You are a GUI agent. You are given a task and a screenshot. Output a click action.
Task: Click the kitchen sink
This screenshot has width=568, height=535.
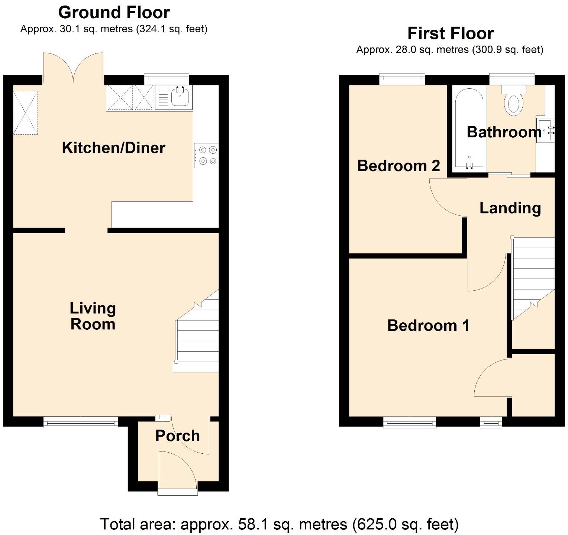pyautogui.click(x=180, y=97)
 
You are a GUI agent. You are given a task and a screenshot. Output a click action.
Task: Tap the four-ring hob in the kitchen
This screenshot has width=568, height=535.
pyautogui.click(x=207, y=156)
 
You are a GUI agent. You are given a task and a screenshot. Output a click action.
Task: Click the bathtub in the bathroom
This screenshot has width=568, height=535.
pyautogui.click(x=468, y=130)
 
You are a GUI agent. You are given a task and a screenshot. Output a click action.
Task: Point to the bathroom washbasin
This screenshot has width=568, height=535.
pyautogui.click(x=545, y=130)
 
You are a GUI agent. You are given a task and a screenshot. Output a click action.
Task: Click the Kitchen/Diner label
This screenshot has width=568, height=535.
pyautogui.click(x=113, y=148)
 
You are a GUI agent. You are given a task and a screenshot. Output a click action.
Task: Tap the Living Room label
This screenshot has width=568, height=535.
pyautogui.click(x=93, y=316)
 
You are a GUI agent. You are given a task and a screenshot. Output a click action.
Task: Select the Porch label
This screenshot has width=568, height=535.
pyautogui.click(x=177, y=435)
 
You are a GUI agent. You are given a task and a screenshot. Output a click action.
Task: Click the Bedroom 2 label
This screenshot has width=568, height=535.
pyautogui.click(x=398, y=166)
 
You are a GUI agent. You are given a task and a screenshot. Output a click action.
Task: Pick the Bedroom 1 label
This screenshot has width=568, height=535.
pyautogui.click(x=428, y=326)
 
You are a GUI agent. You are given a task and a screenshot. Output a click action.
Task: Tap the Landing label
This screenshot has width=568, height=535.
pyautogui.click(x=510, y=208)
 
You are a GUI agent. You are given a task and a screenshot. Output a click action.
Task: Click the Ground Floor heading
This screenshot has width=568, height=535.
pyautogui.click(x=114, y=13)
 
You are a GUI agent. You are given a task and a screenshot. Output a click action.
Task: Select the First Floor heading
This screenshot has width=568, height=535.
pyautogui.click(x=451, y=33)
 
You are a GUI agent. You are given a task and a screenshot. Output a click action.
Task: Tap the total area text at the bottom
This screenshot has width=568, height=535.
pyautogui.click(x=280, y=524)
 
